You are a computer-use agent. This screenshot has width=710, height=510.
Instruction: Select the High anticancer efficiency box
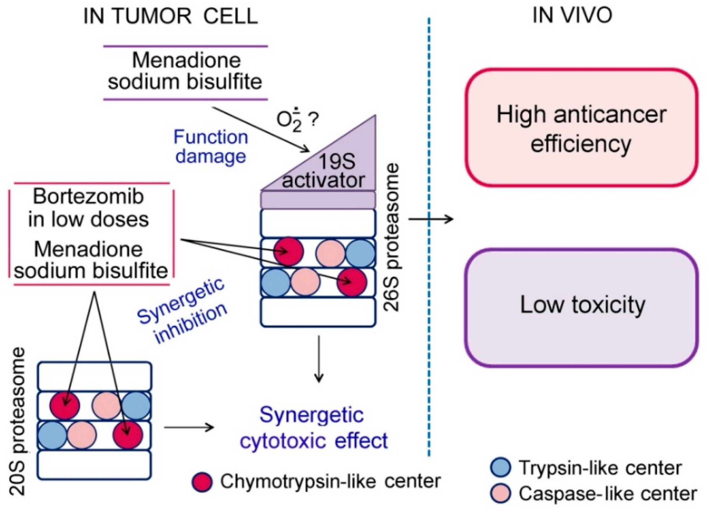click(581, 128)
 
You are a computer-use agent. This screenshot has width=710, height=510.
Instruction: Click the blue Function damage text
click(211, 146)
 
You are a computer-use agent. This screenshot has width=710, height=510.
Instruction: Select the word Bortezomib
click(89, 197)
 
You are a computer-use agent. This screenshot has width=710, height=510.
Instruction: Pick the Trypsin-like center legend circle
click(500, 467)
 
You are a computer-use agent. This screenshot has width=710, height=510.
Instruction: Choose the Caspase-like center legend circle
click(500, 493)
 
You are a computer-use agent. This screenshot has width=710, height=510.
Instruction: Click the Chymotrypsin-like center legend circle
click(202, 482)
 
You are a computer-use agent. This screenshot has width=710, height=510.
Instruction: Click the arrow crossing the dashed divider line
click(431, 219)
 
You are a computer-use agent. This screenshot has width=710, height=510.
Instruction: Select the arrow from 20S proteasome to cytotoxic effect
click(189, 427)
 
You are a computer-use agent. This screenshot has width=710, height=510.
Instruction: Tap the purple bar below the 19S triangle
click(318, 200)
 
